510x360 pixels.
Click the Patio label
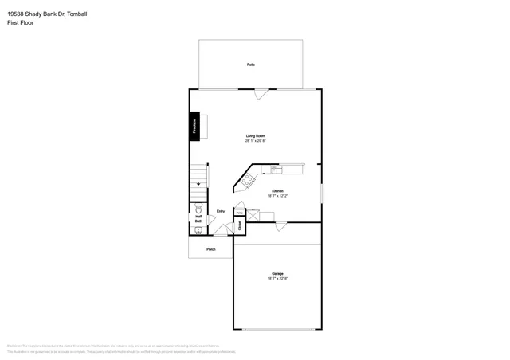(250, 64)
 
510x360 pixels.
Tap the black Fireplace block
(194, 127)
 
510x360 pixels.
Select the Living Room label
(255, 136)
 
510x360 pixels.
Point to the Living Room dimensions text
(255, 141)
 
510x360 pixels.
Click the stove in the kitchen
(248, 181)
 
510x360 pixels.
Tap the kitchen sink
(276, 169)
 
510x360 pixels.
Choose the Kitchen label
(277, 190)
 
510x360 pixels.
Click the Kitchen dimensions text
(277, 195)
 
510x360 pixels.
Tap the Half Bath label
(198, 218)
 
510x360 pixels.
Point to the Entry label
(220, 211)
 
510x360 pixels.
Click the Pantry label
(238, 213)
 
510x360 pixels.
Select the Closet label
(240, 226)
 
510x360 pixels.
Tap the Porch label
(211, 249)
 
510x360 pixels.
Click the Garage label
(277, 273)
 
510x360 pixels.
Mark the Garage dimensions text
(277, 278)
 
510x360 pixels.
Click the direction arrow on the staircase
(198, 182)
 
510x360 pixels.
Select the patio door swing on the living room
(259, 95)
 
